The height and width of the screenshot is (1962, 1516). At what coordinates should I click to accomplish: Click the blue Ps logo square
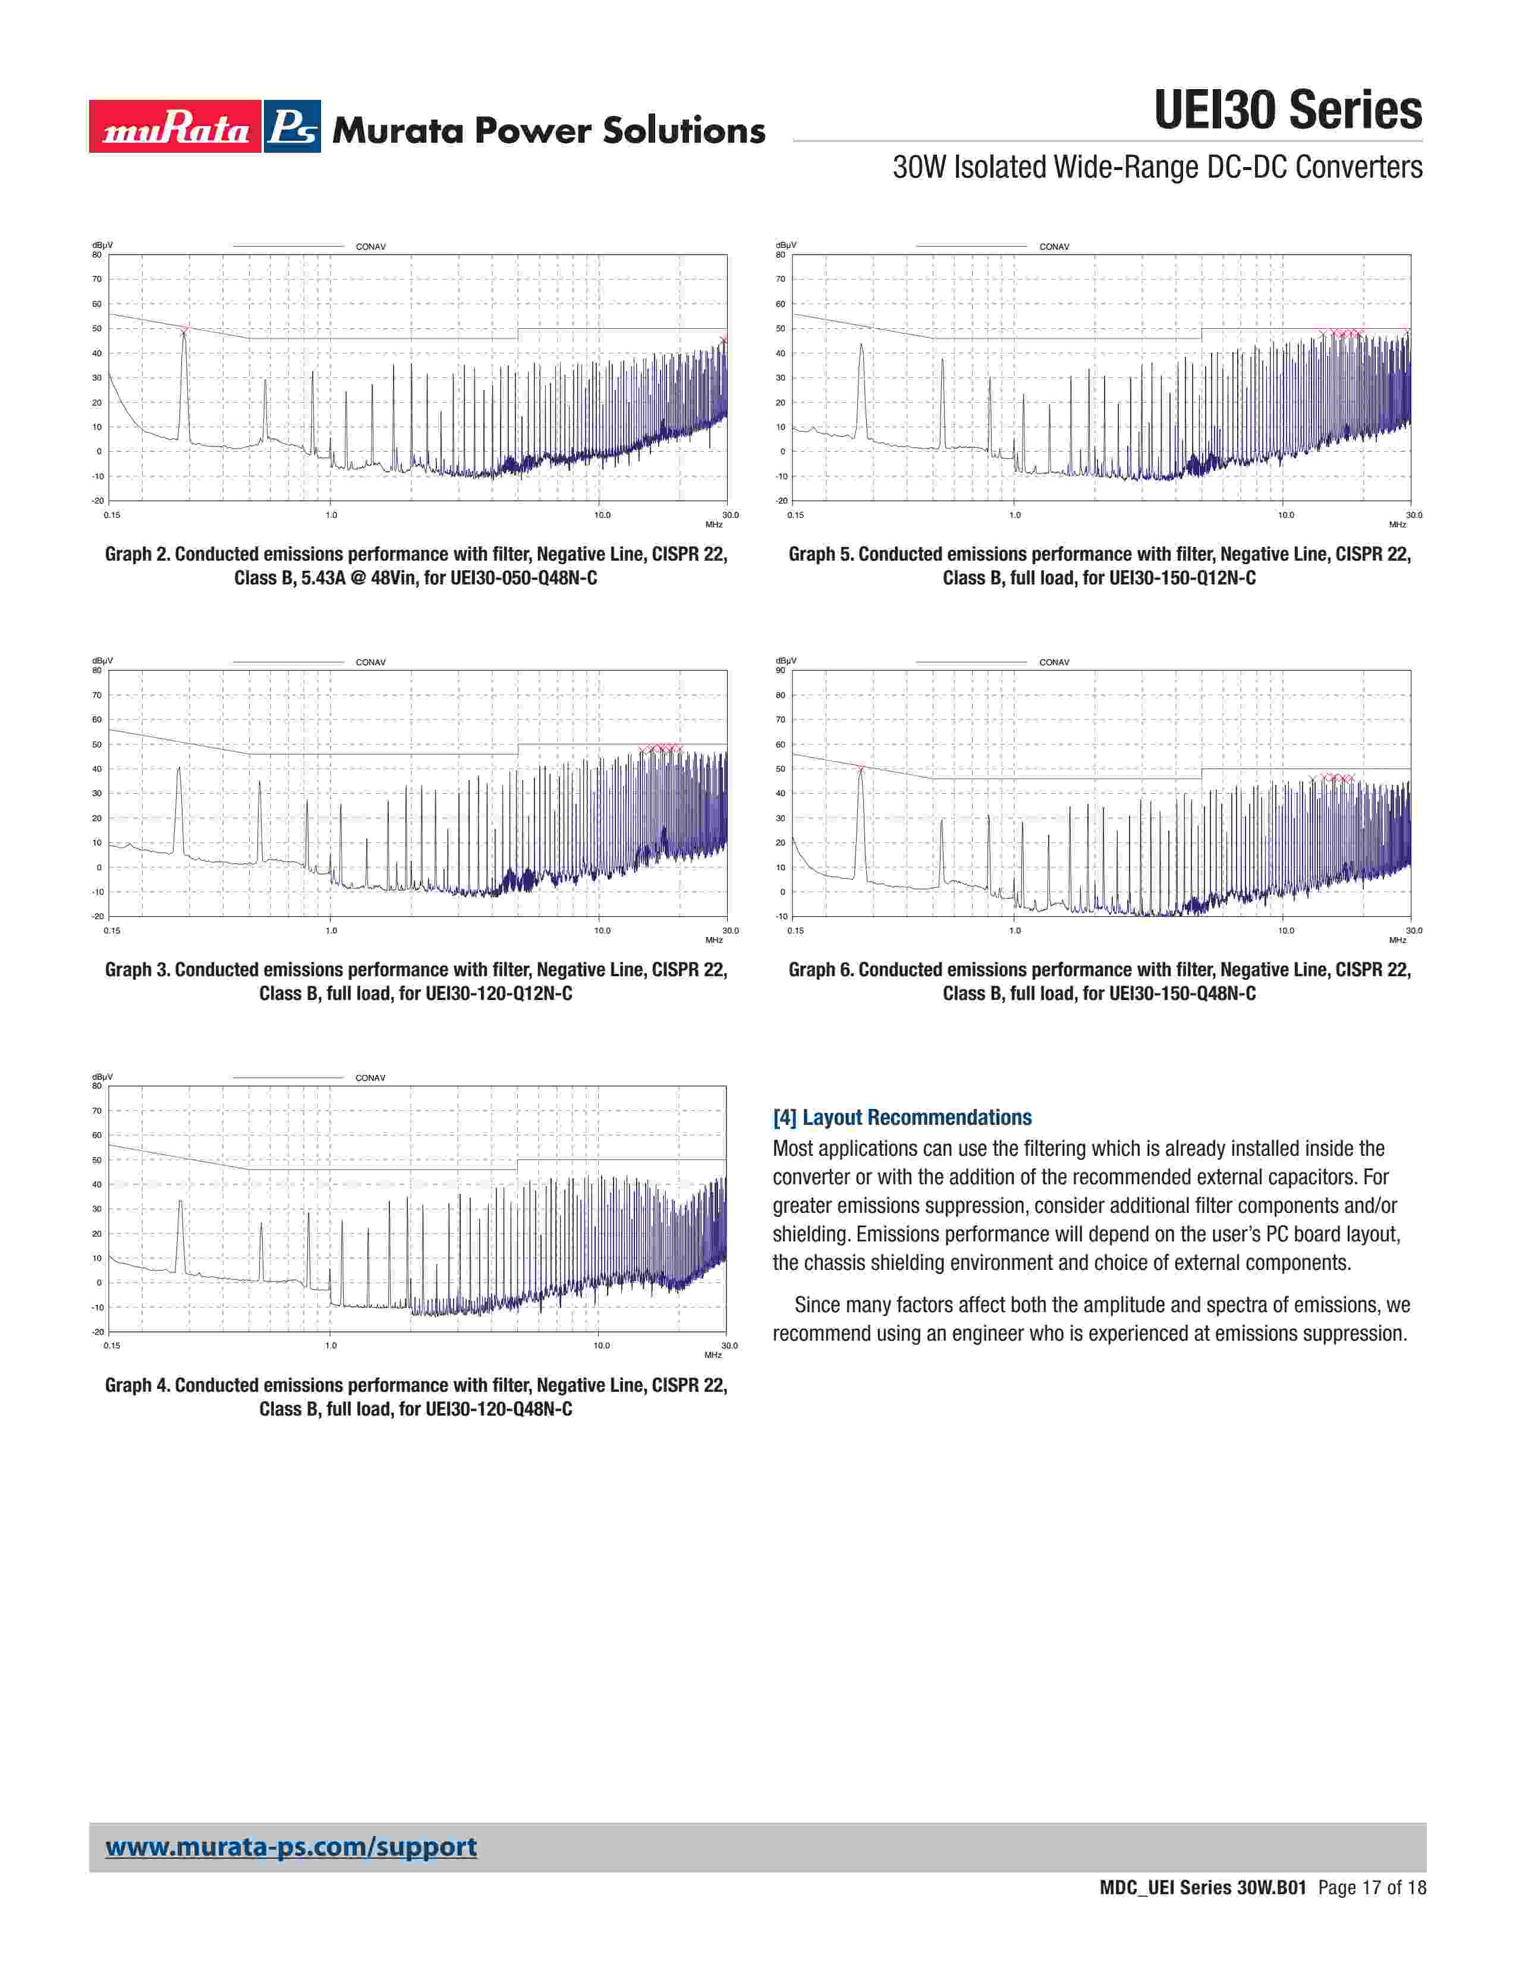[x=292, y=127]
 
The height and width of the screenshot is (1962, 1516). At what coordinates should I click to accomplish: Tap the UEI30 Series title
[x=1287, y=111]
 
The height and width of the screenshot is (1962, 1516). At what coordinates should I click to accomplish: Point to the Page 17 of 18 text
[x=1372, y=1888]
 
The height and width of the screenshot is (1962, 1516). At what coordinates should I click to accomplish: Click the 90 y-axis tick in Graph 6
[x=781, y=670]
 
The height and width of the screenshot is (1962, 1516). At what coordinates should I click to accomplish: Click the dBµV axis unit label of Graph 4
[x=102, y=1076]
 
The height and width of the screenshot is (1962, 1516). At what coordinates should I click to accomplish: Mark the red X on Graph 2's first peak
[x=184, y=331]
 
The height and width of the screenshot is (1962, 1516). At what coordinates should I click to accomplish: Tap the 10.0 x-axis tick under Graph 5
[x=1286, y=515]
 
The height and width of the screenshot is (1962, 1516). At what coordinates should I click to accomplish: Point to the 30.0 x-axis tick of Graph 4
[x=729, y=1345]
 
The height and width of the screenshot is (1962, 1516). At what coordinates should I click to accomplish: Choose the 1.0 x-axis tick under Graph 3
[x=331, y=930]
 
